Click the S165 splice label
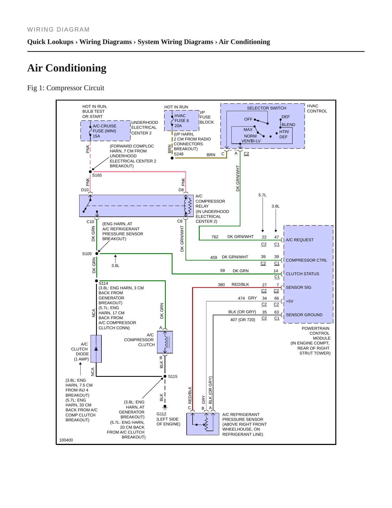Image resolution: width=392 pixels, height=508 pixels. [x=97, y=175]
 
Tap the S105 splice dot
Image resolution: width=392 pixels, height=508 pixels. [x=97, y=253]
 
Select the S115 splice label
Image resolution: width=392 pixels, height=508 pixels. [x=173, y=377]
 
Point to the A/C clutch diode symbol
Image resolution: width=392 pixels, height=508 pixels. [x=96, y=349]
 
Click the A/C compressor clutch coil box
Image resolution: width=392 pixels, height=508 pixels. [x=165, y=342]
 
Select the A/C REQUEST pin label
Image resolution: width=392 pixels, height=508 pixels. [x=299, y=240]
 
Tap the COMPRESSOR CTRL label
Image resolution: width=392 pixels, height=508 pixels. [x=306, y=260]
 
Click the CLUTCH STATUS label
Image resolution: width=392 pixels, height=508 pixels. [x=302, y=274]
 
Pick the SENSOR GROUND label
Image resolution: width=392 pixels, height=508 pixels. [x=304, y=315]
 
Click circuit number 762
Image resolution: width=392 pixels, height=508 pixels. [x=215, y=237]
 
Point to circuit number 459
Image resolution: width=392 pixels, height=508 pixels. [x=213, y=258]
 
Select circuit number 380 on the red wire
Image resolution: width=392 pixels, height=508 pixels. [x=221, y=285]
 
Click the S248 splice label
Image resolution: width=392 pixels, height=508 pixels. [x=179, y=154]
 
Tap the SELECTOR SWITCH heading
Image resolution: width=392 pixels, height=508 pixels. [x=266, y=108]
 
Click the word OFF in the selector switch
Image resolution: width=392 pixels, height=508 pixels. [x=248, y=119]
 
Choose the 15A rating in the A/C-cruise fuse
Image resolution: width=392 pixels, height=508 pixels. [x=96, y=136]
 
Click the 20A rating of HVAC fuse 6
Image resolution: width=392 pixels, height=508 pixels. [x=178, y=126]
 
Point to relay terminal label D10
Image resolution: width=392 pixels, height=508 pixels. [x=85, y=190]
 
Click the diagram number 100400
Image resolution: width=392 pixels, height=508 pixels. [x=66, y=440]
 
